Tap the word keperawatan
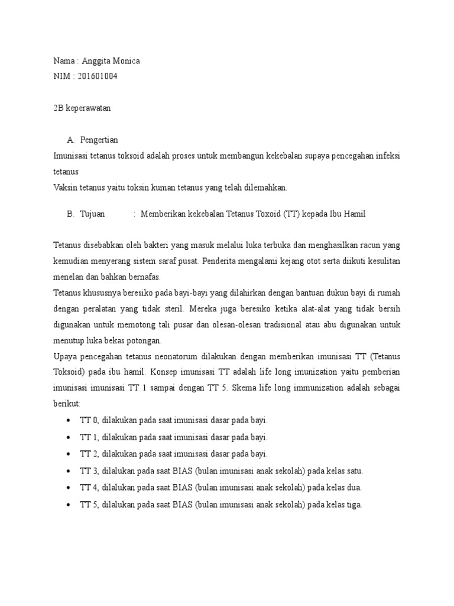pyautogui.click(x=87, y=108)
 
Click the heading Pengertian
pyautogui.click(x=99, y=140)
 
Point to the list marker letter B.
pyautogui.click(x=70, y=214)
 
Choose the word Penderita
pyautogui.click(x=225, y=261)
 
